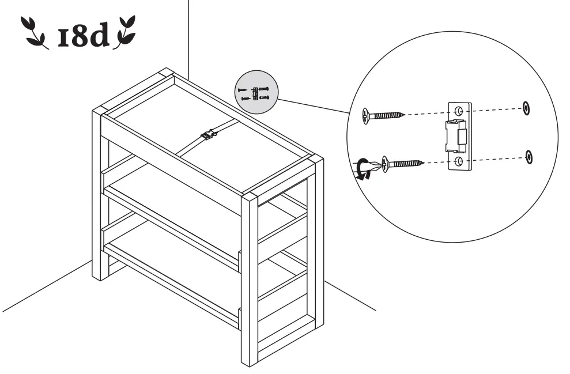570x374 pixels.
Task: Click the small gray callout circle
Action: point(256,92)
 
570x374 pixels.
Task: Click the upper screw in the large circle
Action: point(384,115)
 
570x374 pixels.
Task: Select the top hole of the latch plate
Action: point(459,111)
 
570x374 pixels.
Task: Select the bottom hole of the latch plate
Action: point(459,161)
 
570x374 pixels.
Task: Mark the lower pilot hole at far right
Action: point(529,156)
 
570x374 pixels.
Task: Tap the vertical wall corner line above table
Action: point(189,35)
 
